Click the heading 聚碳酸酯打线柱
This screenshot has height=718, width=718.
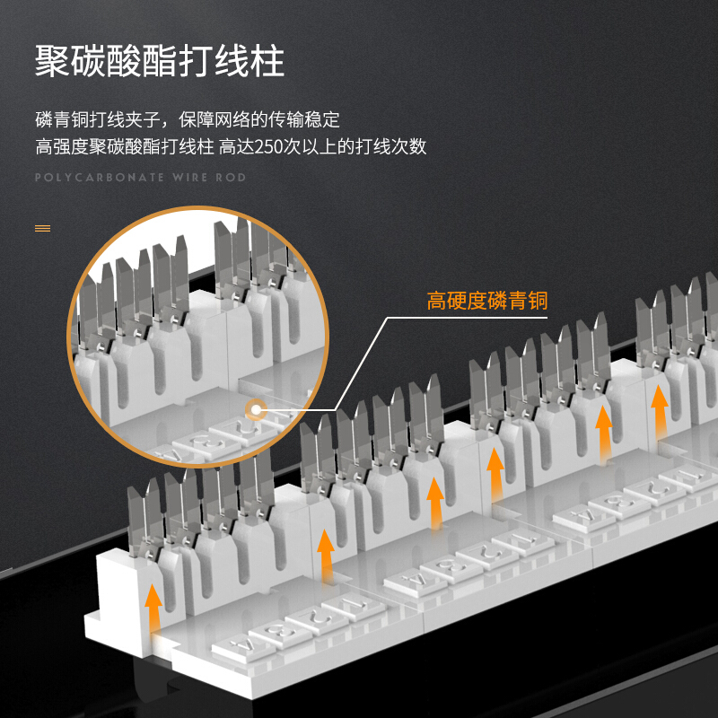tap(160, 60)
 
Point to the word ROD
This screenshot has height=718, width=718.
tap(231, 178)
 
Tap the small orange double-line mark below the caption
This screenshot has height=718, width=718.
tap(42, 228)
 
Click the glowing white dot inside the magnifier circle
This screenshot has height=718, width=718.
tap(256, 411)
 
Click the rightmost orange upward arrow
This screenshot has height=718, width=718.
tap(660, 407)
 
